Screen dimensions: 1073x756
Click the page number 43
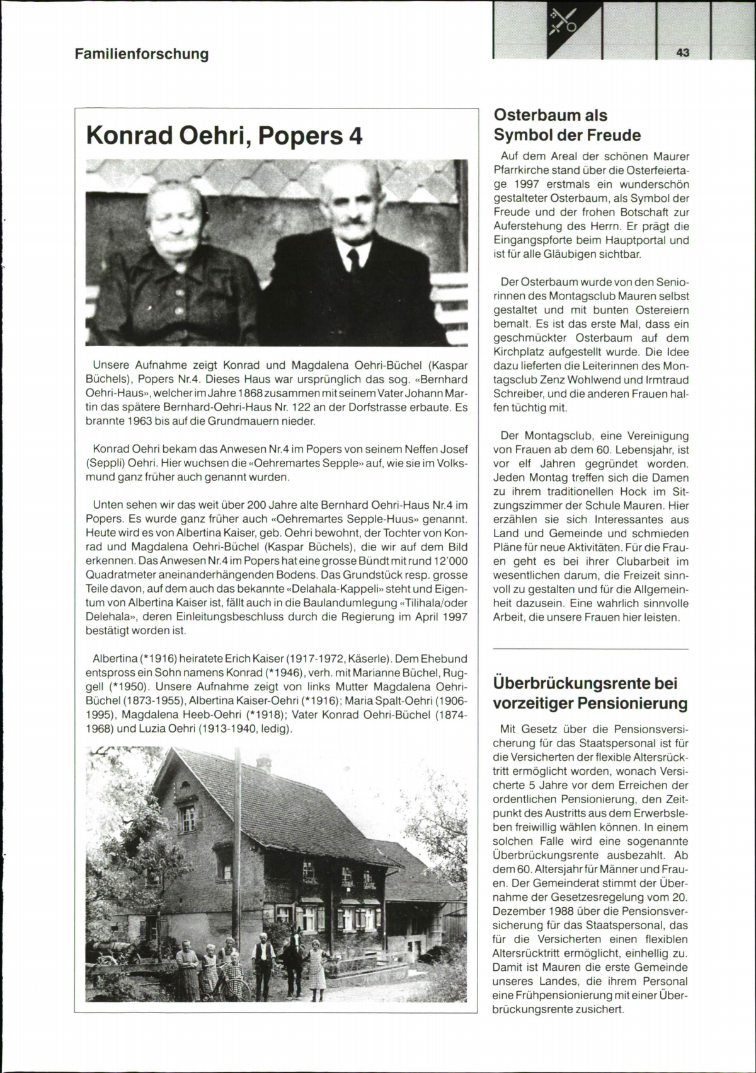(x=683, y=53)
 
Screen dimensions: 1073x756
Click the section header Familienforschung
(x=142, y=54)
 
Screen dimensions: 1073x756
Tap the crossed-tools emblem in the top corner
(x=562, y=23)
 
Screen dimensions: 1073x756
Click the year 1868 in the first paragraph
(x=249, y=393)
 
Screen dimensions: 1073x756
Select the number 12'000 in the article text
(x=450, y=561)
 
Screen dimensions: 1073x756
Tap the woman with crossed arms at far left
(x=187, y=967)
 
